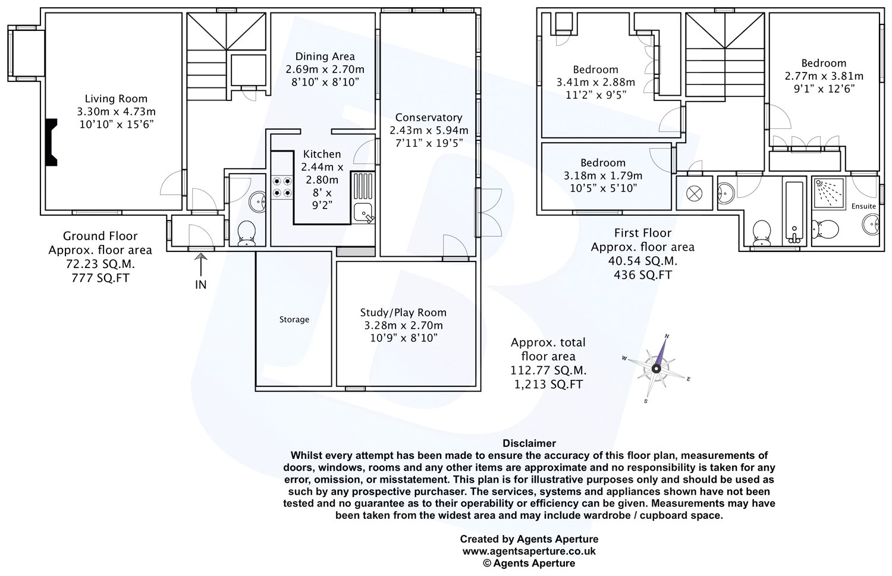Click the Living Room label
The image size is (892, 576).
click(116, 99)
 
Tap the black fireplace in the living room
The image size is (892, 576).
click(51, 142)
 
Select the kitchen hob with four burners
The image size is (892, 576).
click(282, 187)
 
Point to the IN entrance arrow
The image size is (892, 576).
click(201, 265)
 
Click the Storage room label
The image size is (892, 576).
click(294, 319)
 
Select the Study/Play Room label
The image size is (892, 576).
click(403, 313)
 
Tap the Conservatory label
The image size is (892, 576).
click(429, 118)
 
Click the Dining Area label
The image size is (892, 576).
click(325, 57)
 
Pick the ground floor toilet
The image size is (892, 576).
click(247, 234)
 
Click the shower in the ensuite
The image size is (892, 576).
click(828, 193)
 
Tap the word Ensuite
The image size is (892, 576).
click(863, 206)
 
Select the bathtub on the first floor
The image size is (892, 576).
click(794, 214)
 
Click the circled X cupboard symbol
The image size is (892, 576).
click(694, 194)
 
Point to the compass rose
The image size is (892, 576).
click(656, 368)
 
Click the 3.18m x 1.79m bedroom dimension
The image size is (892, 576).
click(603, 175)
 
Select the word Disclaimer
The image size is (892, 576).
click(529, 443)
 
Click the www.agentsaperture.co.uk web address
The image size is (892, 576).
click(529, 551)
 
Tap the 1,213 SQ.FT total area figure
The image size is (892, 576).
click(548, 385)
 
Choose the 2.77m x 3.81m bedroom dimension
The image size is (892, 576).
click(824, 76)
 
